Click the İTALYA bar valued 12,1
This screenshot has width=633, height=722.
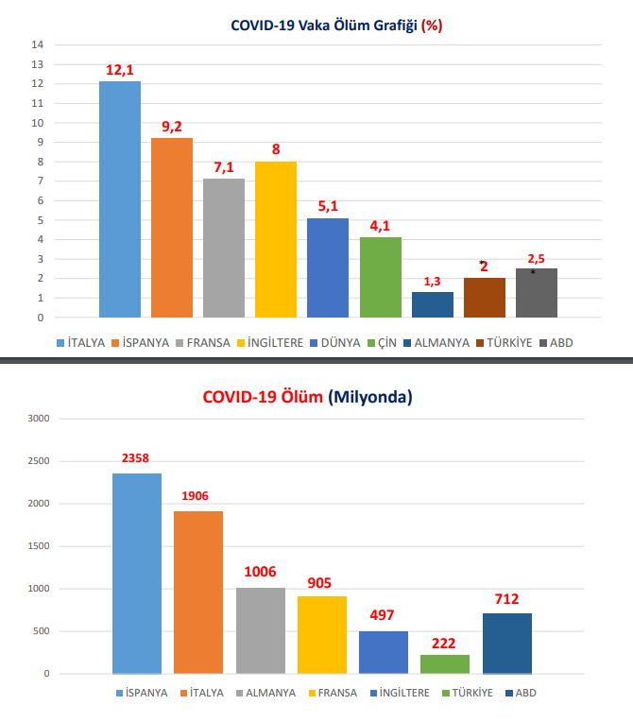click(x=120, y=199)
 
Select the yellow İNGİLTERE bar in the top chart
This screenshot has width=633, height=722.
click(x=276, y=239)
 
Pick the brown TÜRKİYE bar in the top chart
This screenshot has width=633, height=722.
click(x=484, y=298)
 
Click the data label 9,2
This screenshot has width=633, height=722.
click(x=172, y=127)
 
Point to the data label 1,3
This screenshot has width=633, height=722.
click(x=432, y=282)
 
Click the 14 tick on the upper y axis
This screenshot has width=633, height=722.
click(x=38, y=44)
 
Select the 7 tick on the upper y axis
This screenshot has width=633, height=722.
click(x=41, y=181)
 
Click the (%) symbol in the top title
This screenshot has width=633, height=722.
click(x=432, y=26)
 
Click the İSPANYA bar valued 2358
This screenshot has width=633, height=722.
click(x=137, y=573)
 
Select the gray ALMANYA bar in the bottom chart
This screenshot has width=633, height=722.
click(x=260, y=630)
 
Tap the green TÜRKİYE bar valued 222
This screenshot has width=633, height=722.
click(x=444, y=663)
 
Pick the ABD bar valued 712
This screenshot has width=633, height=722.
click(x=506, y=643)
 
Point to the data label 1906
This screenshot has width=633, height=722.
click(x=198, y=496)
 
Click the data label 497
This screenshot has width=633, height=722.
click(x=383, y=616)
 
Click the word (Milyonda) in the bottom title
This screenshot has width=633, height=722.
click(x=370, y=398)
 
